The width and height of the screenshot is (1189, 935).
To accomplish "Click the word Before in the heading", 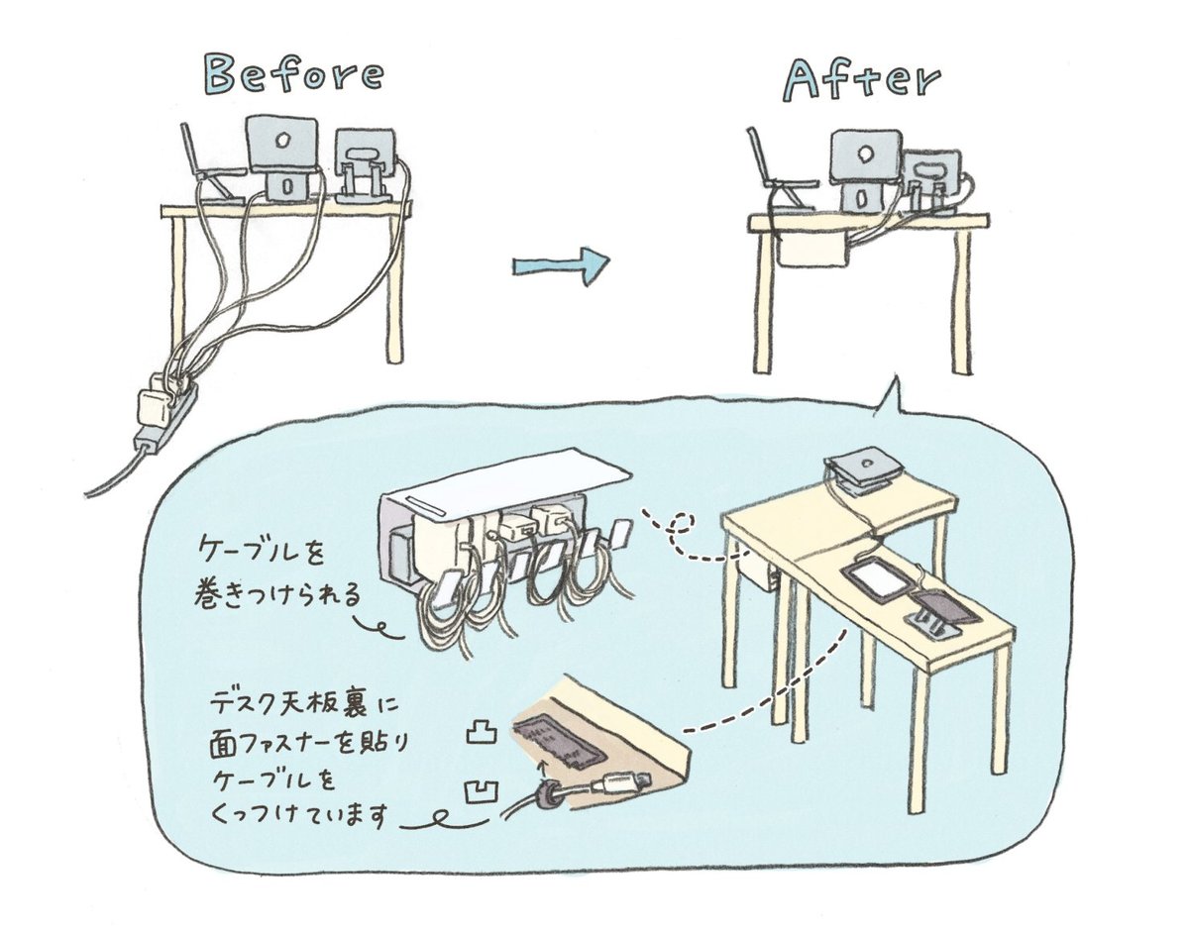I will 293,75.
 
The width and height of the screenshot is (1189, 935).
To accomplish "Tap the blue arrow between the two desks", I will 561,265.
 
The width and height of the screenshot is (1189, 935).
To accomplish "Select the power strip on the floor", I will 163,410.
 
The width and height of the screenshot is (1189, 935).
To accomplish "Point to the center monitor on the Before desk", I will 281,145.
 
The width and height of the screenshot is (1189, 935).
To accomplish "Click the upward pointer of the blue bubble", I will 893,396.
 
